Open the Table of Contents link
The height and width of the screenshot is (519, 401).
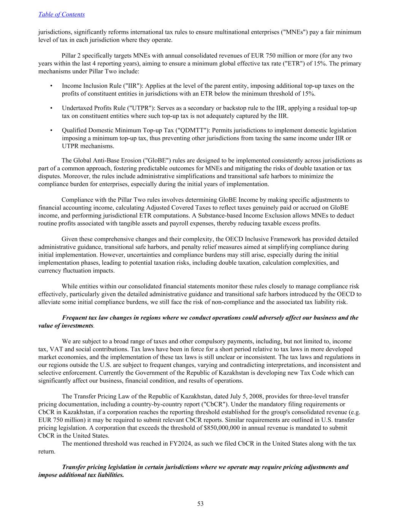(61, 14)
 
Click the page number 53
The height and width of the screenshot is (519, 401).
(200, 504)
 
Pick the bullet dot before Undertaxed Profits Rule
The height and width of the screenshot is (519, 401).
(51, 108)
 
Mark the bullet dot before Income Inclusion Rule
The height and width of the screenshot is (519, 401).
(51, 86)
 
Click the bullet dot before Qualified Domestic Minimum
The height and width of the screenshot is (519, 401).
(51, 130)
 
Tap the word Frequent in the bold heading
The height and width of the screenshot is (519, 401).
(75, 318)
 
